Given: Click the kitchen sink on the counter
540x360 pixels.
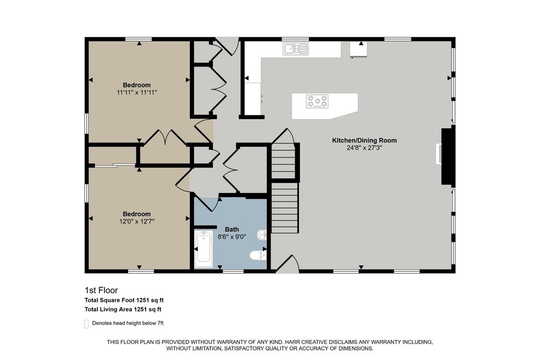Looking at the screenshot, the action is coord(296,48).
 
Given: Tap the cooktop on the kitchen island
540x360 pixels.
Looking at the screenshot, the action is coord(317,101).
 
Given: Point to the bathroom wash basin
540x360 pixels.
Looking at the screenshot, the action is coord(262,235).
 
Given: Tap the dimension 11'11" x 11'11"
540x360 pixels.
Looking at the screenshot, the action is coord(137,92).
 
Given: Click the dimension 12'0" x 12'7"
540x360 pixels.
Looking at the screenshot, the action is coord(137,221).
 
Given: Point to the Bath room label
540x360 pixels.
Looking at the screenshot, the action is coord(232,229).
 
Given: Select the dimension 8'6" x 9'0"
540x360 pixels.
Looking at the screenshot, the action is coord(232,237).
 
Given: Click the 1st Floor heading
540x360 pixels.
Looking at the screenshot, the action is coord(101,290).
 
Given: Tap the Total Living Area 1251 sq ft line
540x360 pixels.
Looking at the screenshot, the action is coord(123,309).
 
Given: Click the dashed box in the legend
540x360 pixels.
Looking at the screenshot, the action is coord(86,324).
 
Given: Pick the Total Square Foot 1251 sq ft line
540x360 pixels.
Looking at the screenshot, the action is coord(124,300).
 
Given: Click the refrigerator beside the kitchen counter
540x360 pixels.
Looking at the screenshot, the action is coord(359,49).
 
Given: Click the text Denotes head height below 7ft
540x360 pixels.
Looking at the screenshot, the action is coord(128,323).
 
